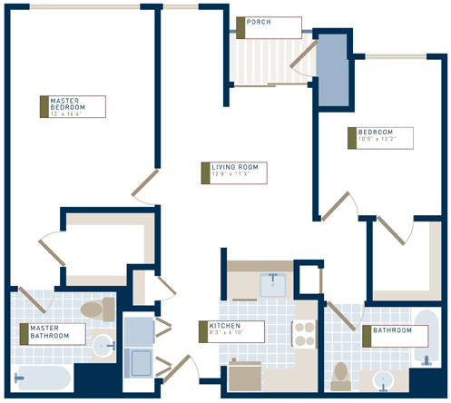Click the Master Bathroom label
[53, 332]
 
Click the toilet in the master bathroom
[92, 310]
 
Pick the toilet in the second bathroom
[341, 373]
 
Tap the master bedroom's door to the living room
[146, 185]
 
